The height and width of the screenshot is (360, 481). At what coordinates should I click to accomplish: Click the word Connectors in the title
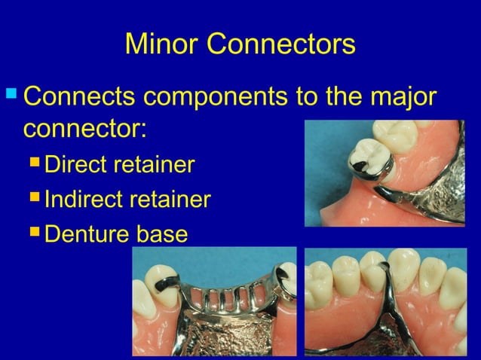(x=282, y=44)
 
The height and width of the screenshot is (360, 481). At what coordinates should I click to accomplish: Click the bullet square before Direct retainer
(x=35, y=163)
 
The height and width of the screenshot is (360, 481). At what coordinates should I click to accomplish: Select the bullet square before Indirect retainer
(x=35, y=200)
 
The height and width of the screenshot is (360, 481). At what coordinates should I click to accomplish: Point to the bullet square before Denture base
(x=35, y=234)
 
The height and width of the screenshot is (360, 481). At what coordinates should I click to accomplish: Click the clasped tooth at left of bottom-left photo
(x=156, y=290)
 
